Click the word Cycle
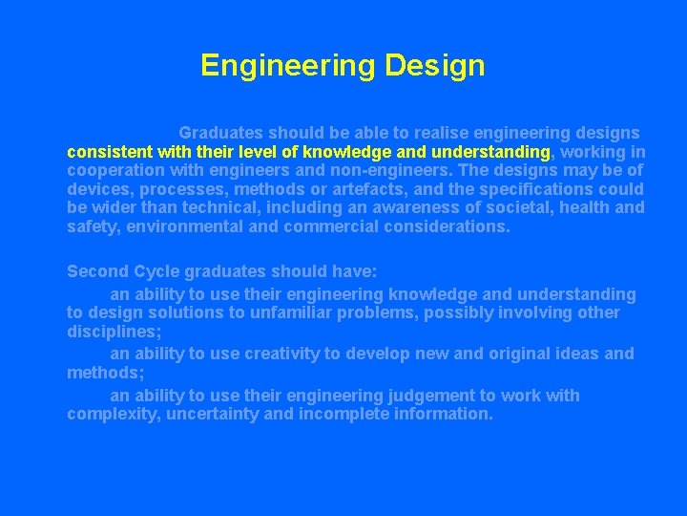click(152, 271)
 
